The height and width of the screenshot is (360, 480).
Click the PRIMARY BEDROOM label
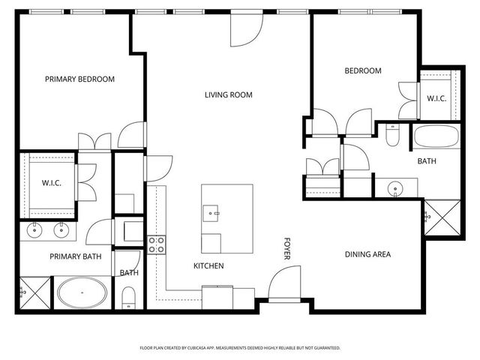[79, 79]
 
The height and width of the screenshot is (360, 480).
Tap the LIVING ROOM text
[229, 95]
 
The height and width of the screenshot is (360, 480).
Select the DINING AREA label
[367, 254]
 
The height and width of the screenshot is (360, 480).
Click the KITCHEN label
[208, 266]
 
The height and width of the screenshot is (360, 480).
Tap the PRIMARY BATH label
[75, 256]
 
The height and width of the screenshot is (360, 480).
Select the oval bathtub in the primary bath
[84, 293]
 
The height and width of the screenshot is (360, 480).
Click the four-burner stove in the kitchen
[156, 244]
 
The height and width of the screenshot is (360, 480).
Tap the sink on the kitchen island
[211, 213]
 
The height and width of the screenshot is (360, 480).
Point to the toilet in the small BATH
[128, 297]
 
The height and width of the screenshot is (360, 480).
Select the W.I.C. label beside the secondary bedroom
[437, 98]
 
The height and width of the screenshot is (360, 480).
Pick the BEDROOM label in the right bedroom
[363, 71]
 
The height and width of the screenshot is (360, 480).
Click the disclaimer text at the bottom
[240, 348]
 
